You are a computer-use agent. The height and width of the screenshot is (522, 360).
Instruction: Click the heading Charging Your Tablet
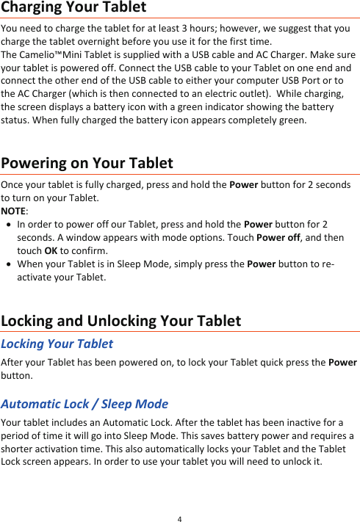pos(73,8)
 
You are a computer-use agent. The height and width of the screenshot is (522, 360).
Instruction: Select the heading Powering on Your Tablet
pos(87,162)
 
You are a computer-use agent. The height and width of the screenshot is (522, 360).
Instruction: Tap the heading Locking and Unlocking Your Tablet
pos(121,321)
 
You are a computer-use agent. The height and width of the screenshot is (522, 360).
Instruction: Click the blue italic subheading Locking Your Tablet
pos(57,344)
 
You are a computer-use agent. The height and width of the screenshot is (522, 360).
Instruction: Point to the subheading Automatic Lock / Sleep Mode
pos(84,404)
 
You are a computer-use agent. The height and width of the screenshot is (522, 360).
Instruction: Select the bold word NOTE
pos(12,211)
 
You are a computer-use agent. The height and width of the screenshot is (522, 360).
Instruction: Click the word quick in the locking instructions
pos(278,363)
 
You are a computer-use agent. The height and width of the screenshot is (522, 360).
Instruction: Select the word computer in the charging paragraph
pos(245,81)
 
